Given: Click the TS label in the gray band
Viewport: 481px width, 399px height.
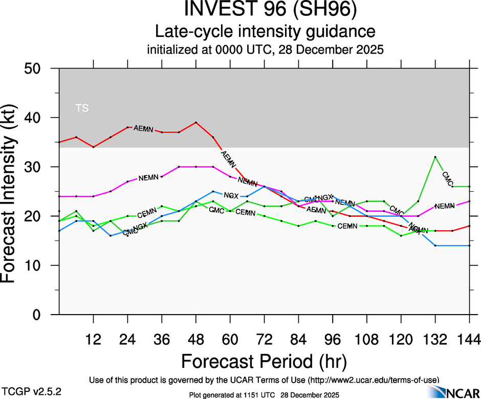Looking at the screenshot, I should click(82, 108).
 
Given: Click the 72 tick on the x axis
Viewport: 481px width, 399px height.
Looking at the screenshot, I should click(264, 339).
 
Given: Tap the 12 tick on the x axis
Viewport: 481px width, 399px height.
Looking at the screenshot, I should click(93, 339).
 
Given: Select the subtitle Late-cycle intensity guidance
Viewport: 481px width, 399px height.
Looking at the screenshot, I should click(265, 32).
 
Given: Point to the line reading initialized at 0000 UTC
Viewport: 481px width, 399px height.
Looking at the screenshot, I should click(265, 50).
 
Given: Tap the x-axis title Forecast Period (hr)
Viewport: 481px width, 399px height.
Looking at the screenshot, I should click(265, 362).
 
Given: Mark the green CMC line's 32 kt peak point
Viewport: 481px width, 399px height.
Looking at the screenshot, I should click(435, 157).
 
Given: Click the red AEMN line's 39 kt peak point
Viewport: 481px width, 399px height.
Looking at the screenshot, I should click(196, 122).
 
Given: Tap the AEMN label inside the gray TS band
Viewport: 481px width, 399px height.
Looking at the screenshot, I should click(143, 129).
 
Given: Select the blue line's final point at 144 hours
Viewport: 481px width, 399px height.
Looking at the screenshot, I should click(469, 246).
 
